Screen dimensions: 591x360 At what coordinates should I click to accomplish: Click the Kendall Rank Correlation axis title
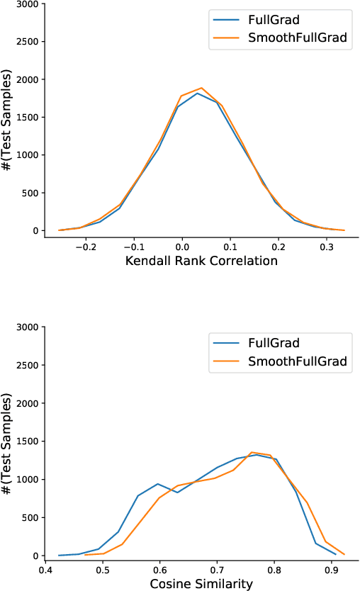(x=201, y=261)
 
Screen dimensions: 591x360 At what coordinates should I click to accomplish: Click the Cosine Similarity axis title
(x=201, y=584)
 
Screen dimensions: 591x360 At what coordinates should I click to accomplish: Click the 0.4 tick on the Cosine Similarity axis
(x=46, y=569)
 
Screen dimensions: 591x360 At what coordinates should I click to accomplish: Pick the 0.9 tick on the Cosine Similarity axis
(x=332, y=569)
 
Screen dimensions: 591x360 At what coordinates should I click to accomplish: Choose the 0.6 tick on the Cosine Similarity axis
(x=160, y=569)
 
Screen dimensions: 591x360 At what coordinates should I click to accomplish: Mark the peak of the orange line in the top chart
(x=201, y=88)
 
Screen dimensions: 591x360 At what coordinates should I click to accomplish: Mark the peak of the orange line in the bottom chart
(x=252, y=452)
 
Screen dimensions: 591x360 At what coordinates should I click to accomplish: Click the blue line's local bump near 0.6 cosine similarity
(x=157, y=484)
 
